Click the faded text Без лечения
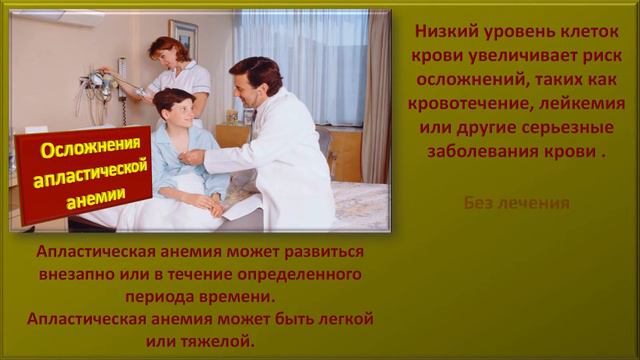point(517,203)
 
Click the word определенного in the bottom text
point(296,273)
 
